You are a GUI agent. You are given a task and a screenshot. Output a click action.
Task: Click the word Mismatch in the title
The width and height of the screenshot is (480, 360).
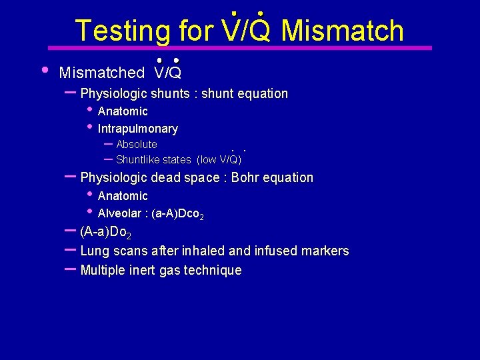[x=343, y=31]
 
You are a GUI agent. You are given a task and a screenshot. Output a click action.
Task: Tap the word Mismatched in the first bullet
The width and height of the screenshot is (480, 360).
[x=102, y=73]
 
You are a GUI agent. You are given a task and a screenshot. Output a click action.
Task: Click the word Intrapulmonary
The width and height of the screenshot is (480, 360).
[x=138, y=129]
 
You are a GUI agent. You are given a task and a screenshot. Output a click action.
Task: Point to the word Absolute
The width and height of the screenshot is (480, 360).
[x=137, y=145]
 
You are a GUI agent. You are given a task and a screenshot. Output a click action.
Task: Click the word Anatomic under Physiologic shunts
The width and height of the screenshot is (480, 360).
[x=123, y=111]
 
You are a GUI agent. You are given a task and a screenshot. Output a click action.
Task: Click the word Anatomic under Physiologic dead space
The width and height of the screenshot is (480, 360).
[x=123, y=196]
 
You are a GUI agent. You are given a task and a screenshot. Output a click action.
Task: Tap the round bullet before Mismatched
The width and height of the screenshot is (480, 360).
[x=44, y=69]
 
